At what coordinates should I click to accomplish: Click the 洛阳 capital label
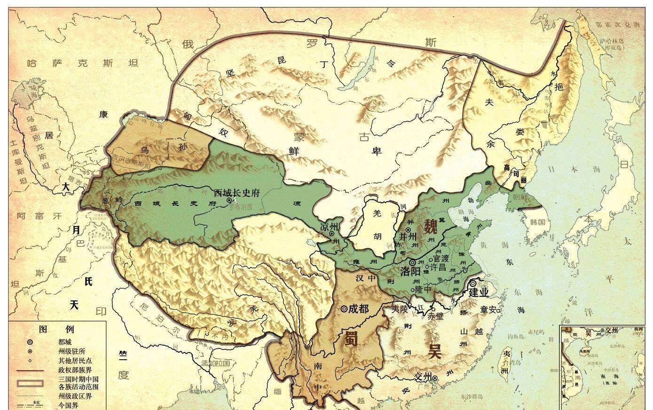coord(410,271)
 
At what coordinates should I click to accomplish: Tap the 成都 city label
coord(359,308)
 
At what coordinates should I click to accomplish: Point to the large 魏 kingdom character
coord(431,227)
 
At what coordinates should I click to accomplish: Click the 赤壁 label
coord(435,316)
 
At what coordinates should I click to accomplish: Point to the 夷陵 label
coord(401,309)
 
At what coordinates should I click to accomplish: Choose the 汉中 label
coord(366,278)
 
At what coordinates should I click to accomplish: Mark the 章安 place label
coord(487,310)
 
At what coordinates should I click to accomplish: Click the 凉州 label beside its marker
coord(329,227)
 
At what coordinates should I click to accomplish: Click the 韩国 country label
coord(537,222)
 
